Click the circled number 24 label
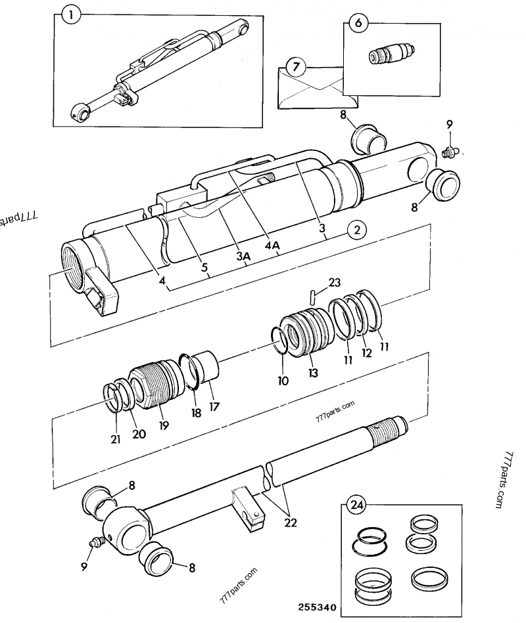pyautogui.click(x=356, y=506)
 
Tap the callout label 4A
pyautogui.click(x=272, y=246)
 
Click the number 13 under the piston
pyautogui.click(x=313, y=372)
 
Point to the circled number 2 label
pyautogui.click(x=356, y=230)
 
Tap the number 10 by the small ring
pyautogui.click(x=283, y=380)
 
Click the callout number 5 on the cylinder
pyautogui.click(x=205, y=269)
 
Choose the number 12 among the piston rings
pyautogui.click(x=366, y=353)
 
